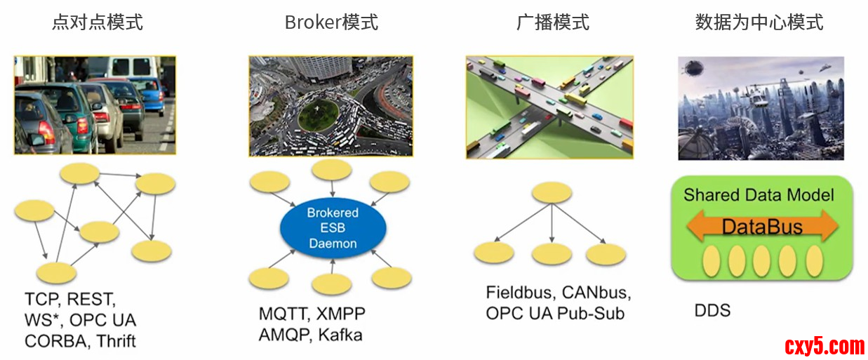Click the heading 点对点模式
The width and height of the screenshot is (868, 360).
point(97,22)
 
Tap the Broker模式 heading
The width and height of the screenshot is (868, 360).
point(331,22)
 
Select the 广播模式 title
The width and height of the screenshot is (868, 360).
point(553,22)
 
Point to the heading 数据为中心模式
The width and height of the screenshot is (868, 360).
point(759,22)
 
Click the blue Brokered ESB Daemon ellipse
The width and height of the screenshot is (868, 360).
point(332,228)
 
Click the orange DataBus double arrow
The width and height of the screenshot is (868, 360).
point(761,226)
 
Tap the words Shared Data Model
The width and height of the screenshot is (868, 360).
point(759,194)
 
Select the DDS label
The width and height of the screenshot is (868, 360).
point(712,310)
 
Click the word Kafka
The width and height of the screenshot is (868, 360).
point(340,335)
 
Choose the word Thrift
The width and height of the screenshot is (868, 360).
point(116,341)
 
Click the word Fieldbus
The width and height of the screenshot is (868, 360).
point(519,292)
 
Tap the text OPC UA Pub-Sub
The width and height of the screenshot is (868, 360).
point(555,313)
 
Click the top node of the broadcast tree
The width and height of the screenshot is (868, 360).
point(552,193)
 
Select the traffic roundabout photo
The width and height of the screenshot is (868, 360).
point(332,106)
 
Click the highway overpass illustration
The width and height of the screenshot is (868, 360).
point(549,107)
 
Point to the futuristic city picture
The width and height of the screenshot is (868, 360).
point(761,109)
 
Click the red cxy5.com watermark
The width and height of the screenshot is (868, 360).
point(824,345)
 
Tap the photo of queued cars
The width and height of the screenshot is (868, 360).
point(95,105)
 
